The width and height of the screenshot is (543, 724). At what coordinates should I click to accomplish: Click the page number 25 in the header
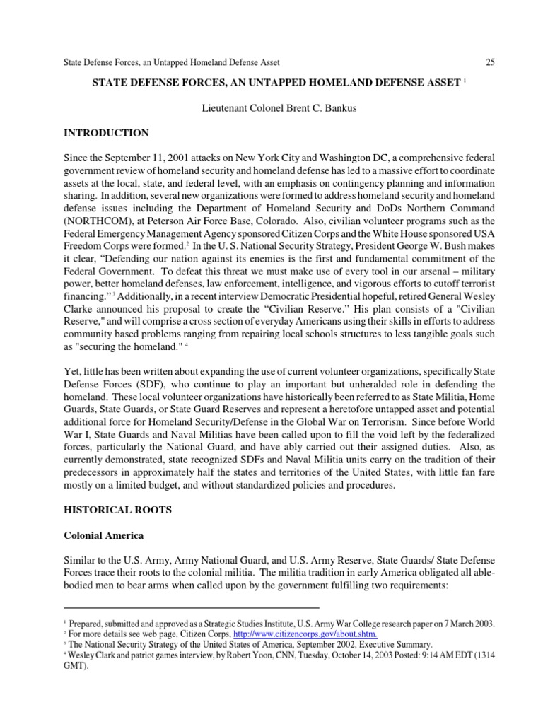490,62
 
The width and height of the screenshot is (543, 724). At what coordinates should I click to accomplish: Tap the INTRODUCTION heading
107,132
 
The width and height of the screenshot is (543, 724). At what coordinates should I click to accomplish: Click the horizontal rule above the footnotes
191,607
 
